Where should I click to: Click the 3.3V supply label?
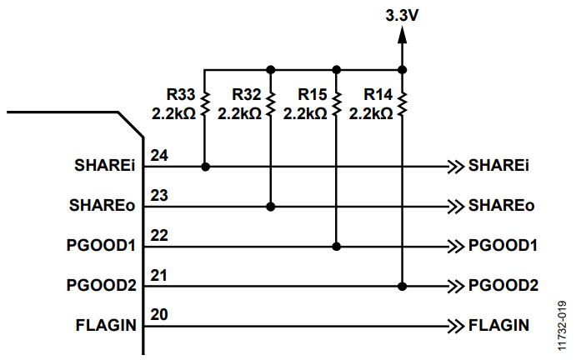coord(402,16)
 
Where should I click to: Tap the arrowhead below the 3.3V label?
coord(403,35)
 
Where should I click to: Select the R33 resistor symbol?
coord(204,104)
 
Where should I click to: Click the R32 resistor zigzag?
coord(270,104)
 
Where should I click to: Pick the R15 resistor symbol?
coord(336,104)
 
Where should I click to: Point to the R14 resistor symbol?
coord(403,104)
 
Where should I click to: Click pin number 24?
coord(159,155)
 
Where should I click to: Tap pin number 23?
coord(159,196)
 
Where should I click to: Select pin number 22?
coord(159,236)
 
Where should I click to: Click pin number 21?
coord(159,275)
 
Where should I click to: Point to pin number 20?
coord(159,315)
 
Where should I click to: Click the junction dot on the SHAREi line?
coord(205,167)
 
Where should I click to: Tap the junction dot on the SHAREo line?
coord(270,207)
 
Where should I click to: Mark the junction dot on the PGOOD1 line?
coord(336,247)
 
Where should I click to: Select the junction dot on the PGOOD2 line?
coord(403,286)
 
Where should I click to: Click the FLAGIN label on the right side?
coord(498,326)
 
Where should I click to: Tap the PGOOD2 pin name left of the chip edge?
coord(101,286)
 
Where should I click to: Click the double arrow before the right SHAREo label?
coord(456,207)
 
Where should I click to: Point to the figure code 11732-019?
coord(562,326)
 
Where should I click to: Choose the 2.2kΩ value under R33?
coord(173,114)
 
